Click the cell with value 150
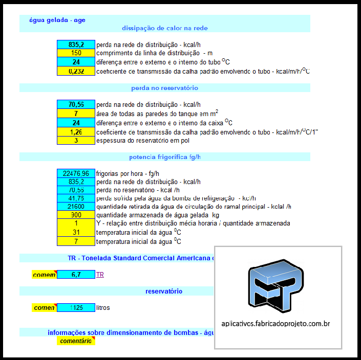76,53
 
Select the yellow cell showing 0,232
76,71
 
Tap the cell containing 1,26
76,132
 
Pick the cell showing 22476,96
76,173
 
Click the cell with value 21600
76,207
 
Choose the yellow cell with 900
76,215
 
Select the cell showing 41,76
76,198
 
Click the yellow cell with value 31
76,232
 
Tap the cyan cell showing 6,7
76,275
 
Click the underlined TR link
100,275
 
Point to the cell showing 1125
76,308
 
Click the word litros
103,308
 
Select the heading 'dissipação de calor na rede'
164,28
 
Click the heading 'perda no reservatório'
164,88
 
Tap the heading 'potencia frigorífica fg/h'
164,157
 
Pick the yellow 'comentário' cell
76,341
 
